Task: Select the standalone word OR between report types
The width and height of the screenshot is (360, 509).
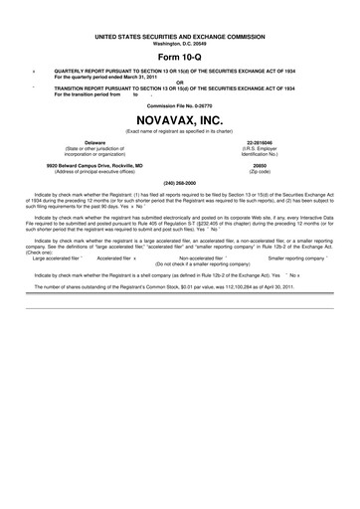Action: [180, 84]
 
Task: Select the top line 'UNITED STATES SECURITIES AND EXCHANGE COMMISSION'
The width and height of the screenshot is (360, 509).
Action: [180, 35]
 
